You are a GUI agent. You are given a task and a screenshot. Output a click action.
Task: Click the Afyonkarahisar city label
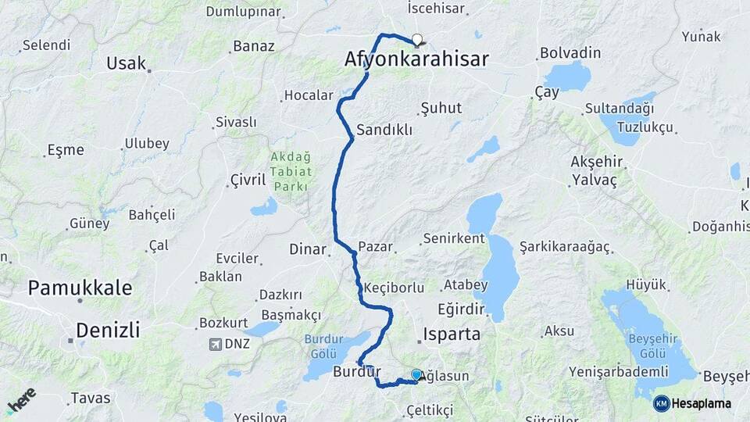(416, 59)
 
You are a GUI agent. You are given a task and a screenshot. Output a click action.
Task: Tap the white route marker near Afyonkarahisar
(417, 40)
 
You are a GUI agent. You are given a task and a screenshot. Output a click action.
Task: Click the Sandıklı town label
(384, 131)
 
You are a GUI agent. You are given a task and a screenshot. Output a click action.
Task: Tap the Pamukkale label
(80, 288)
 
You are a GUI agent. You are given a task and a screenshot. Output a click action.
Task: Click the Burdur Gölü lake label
(323, 345)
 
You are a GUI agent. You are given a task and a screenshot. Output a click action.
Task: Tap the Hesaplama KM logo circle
(661, 403)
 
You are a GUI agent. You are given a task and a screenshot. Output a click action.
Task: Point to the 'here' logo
(21, 400)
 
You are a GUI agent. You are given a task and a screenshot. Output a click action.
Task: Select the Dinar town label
(307, 249)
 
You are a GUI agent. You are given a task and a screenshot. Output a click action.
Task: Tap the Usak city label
(126, 63)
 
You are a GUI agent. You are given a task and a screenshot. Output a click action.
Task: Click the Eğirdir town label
(462, 307)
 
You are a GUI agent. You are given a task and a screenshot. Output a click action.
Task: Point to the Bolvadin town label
(570, 53)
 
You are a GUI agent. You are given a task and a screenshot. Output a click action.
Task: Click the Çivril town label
(248, 181)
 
